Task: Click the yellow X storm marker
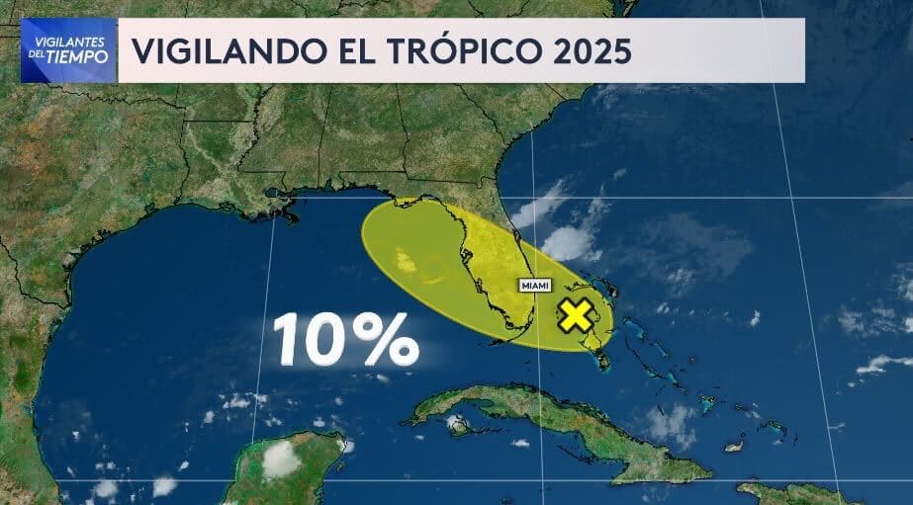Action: coord(575,316)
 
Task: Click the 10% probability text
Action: coord(345,340)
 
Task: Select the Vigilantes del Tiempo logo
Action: coord(67,50)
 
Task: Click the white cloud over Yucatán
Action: coord(282,457)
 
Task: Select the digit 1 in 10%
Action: coord(288,340)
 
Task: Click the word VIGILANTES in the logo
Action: coord(67,42)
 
